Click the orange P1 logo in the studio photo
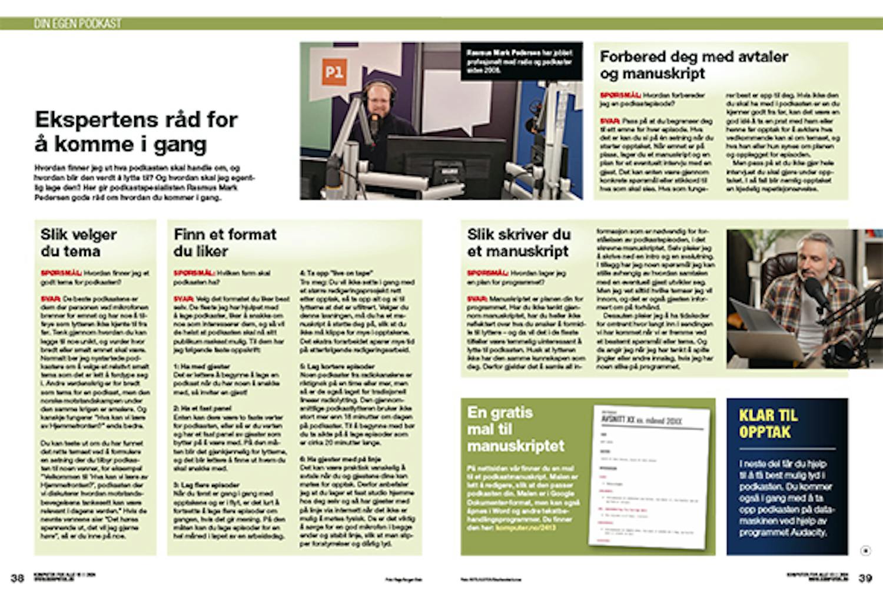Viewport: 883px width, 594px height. (334, 73)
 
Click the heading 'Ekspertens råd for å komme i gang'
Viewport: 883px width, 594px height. (136, 131)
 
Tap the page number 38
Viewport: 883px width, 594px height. (18, 578)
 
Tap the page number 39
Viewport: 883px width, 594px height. (865, 578)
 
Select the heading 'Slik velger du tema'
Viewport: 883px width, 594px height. (79, 243)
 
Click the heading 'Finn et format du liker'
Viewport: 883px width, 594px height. (225, 243)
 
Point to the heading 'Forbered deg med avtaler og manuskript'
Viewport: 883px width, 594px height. (693, 65)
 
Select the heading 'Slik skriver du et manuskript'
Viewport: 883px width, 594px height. (519, 243)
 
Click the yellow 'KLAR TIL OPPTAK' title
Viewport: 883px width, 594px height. (768, 423)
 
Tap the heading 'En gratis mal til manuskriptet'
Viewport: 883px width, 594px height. (516, 429)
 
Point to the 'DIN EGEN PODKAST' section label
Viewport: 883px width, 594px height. (77, 24)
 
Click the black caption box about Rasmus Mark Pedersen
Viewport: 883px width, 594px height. (522, 61)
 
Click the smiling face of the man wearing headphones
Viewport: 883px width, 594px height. (376, 101)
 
